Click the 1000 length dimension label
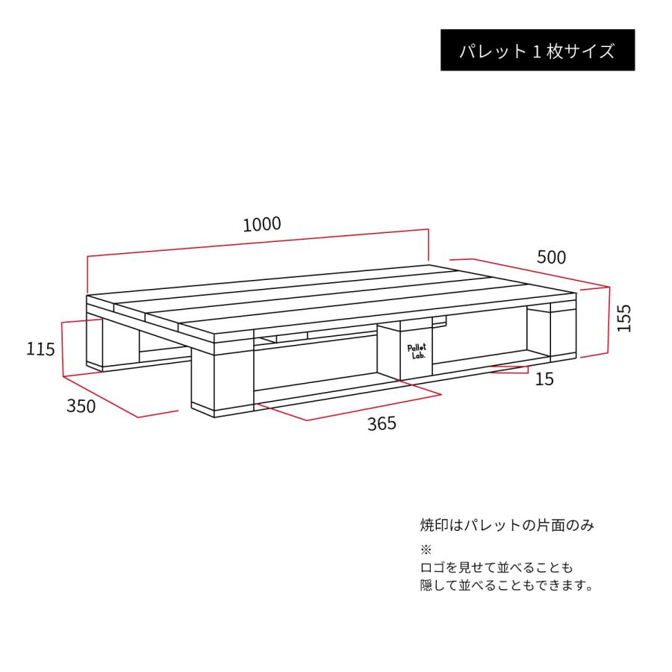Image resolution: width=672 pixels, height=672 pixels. pos(261,223)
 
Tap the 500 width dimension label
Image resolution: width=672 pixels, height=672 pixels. pos(551,257)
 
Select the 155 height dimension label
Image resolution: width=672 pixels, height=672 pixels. pos(624,317)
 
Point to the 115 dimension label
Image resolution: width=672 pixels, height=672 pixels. pos(40,348)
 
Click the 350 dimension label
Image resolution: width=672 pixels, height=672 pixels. pos(81,406)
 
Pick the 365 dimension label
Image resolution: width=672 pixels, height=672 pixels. pos(381,424)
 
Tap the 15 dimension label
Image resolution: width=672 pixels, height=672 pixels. pos(545,379)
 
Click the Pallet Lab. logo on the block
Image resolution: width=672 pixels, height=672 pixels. pos(417,352)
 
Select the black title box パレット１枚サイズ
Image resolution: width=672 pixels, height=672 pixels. pos(537,51)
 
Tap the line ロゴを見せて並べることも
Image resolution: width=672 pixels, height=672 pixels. pos(496,567)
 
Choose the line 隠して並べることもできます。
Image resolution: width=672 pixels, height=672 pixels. pos(507,585)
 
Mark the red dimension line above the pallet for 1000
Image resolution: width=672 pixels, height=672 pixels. pos(258,243)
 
